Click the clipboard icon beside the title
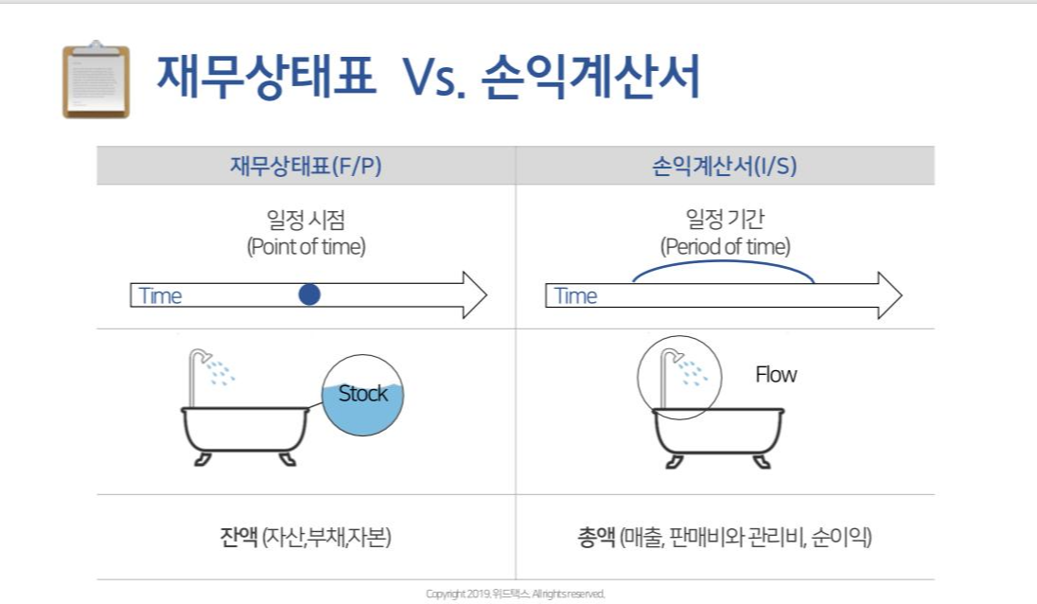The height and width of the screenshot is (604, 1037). point(96,80)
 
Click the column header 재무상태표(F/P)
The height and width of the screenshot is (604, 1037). point(306,166)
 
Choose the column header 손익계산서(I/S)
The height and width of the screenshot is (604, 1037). point(725,166)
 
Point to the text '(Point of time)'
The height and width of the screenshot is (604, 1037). point(306,247)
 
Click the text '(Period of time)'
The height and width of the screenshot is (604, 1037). point(725,247)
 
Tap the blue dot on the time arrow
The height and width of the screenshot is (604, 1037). point(309,294)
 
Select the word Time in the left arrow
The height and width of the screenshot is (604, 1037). point(160,295)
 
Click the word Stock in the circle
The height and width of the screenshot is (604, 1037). point(363,393)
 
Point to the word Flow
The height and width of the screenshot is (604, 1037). point(776,375)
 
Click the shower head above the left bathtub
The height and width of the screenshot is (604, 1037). point(202,358)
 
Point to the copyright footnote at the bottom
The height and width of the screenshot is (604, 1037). point(515,594)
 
